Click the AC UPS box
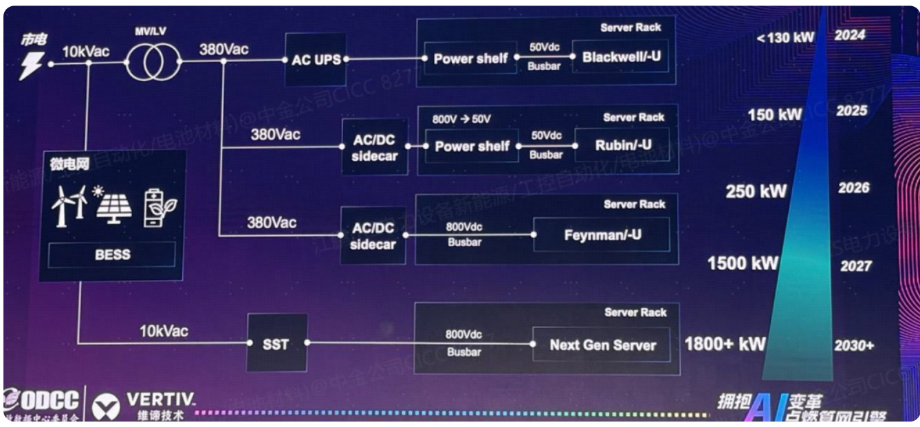tap(316, 59)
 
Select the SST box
tap(276, 342)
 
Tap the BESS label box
tap(112, 254)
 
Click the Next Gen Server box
tap(602, 344)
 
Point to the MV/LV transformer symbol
tap(153, 61)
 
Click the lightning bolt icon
tap(31, 65)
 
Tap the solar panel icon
tap(113, 205)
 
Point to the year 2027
tap(855, 265)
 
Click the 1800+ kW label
tap(725, 344)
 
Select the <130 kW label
tap(785, 38)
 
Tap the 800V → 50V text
tap(461, 119)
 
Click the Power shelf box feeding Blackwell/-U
tap(471, 58)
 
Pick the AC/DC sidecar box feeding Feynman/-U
tap(373, 235)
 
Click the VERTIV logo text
tap(161, 399)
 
